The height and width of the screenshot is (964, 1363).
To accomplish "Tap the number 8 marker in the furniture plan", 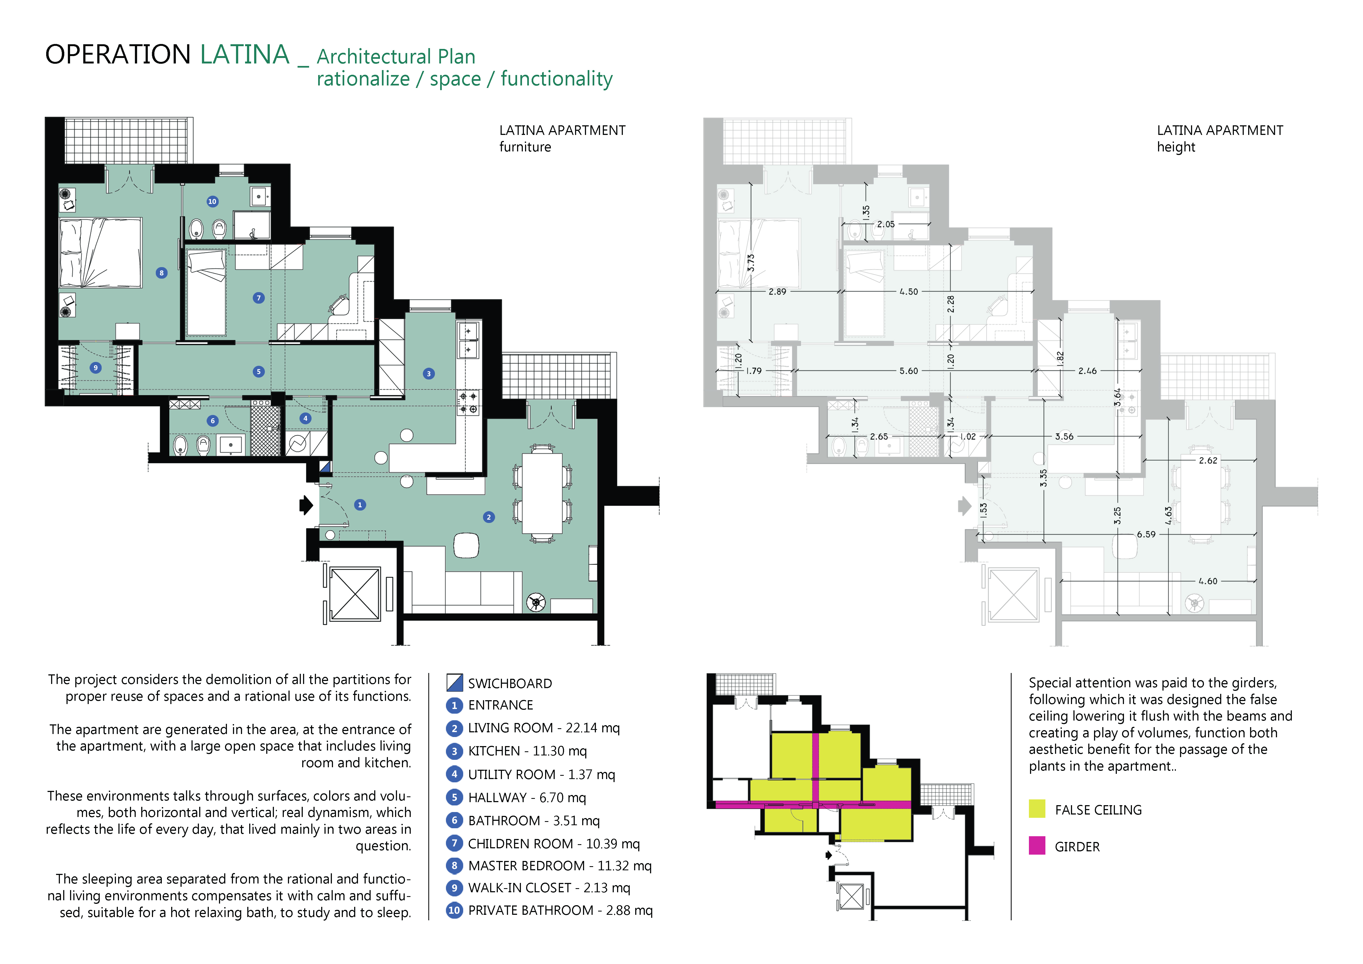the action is (162, 273).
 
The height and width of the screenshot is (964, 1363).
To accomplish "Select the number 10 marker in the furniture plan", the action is (212, 201).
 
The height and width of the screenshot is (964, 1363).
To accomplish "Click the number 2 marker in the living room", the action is (488, 517).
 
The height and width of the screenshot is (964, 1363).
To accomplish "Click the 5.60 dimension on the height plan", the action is (908, 371).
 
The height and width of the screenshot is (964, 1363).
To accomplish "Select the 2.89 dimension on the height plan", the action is (777, 292).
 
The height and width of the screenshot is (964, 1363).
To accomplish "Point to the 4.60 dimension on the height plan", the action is (1207, 581).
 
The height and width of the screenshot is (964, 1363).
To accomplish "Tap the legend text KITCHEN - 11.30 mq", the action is (527, 751).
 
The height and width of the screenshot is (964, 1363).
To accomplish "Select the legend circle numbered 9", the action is (454, 888).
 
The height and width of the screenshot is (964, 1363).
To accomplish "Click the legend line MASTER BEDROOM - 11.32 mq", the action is (559, 865).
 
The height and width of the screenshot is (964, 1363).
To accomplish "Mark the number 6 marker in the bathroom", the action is (213, 421).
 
